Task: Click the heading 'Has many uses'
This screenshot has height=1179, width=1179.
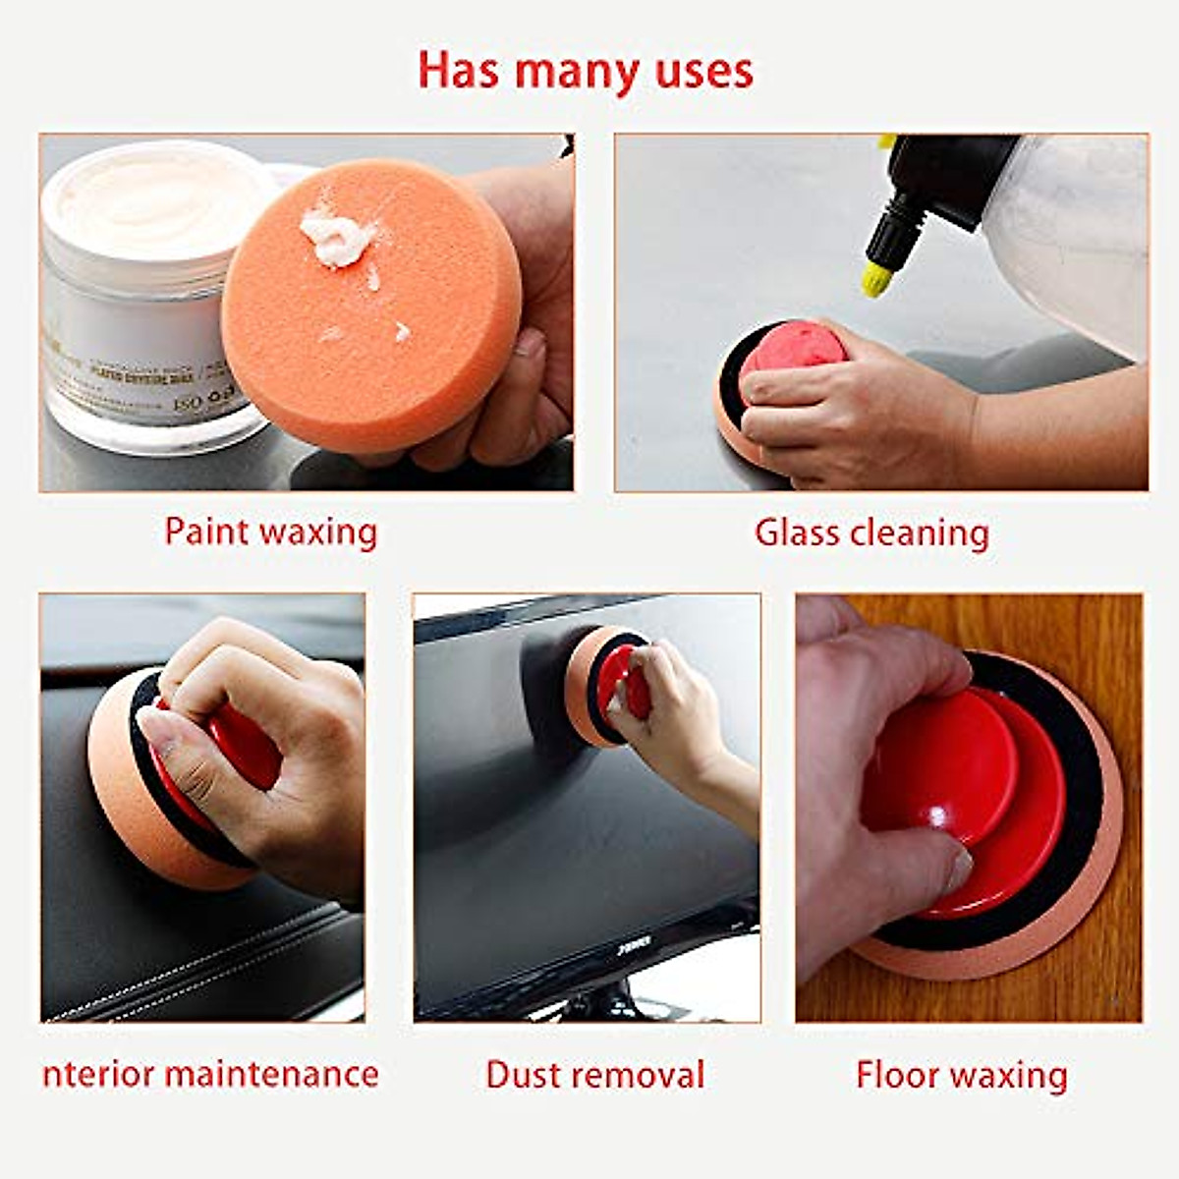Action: (586, 71)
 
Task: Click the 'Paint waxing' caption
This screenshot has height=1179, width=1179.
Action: (270, 532)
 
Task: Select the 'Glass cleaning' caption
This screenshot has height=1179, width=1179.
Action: (871, 532)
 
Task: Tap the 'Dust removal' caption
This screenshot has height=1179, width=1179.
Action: (594, 1074)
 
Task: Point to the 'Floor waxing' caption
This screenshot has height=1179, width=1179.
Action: (961, 1074)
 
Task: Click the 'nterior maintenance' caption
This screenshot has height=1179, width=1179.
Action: (210, 1073)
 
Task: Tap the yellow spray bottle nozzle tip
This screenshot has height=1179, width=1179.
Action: (876, 279)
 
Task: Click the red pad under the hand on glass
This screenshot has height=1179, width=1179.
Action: (786, 359)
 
